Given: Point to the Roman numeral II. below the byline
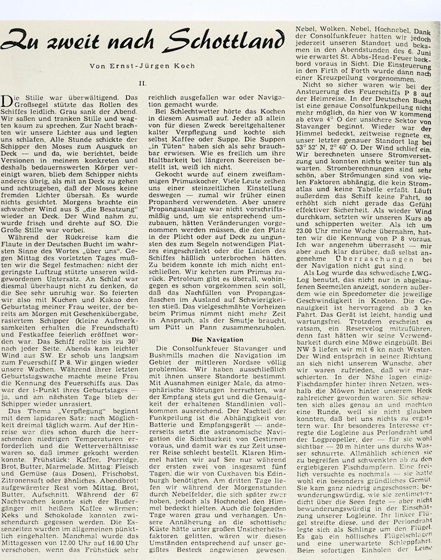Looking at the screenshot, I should (144, 84).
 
